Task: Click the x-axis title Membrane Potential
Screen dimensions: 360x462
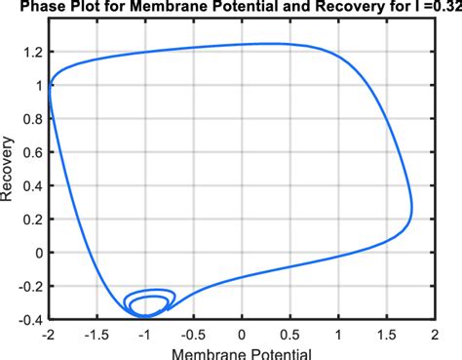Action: pyautogui.click(x=242, y=352)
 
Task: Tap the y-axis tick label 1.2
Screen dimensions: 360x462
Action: pyautogui.click(x=32, y=52)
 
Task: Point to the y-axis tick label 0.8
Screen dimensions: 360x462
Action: pyautogui.click(x=32, y=119)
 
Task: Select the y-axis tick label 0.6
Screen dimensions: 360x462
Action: pyautogui.click(x=32, y=152)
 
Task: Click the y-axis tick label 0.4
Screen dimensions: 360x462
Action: pyautogui.click(x=32, y=185)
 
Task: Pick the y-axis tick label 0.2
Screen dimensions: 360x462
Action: pyautogui.click(x=32, y=220)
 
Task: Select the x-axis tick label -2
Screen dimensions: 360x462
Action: pyautogui.click(x=48, y=333)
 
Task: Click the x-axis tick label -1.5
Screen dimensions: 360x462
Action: pyautogui.click(x=96, y=333)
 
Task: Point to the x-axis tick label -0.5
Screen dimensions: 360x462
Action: pyautogui.click(x=192, y=333)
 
